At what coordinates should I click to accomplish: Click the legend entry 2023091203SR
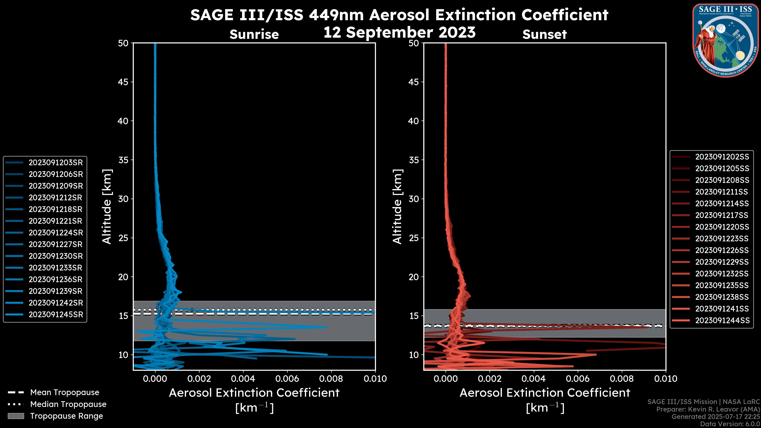55,162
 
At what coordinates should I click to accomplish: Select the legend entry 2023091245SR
55,315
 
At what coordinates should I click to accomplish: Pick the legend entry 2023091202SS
722,157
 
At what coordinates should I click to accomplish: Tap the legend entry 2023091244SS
722,320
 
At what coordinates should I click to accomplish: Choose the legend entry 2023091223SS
722,239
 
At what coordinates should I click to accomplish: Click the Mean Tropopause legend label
65,392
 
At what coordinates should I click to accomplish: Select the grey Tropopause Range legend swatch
16,416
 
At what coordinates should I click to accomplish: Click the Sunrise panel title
254,34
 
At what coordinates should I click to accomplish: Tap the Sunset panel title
544,34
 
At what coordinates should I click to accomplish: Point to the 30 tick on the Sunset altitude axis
414,199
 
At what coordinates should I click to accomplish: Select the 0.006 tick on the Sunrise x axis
287,379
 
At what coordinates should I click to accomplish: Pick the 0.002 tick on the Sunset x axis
489,379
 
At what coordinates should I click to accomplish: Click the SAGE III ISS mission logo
725,40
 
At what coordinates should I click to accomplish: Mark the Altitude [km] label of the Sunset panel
397,207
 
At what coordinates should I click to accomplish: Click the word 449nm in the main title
336,15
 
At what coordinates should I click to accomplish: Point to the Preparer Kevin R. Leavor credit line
708,409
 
